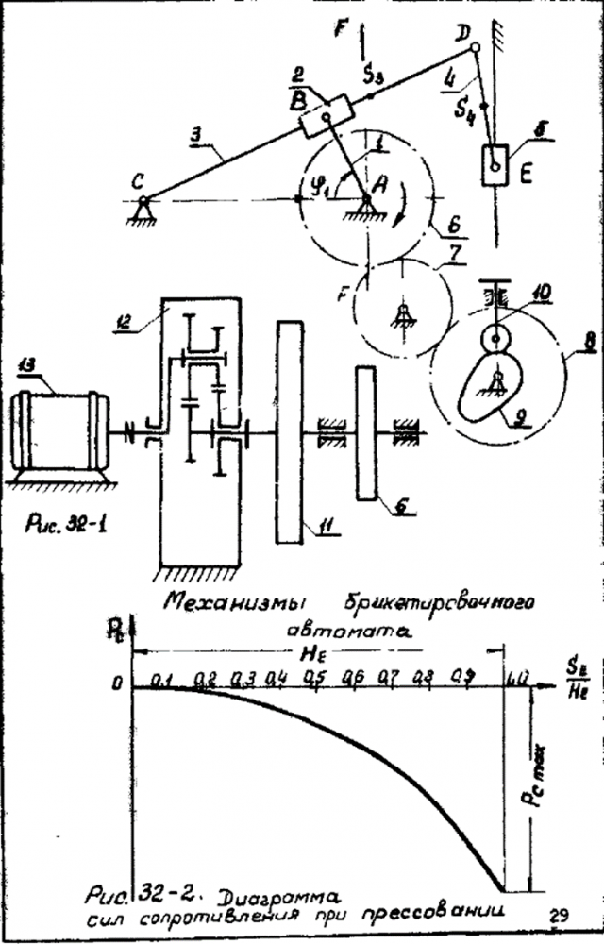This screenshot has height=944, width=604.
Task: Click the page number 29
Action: (x=557, y=914)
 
